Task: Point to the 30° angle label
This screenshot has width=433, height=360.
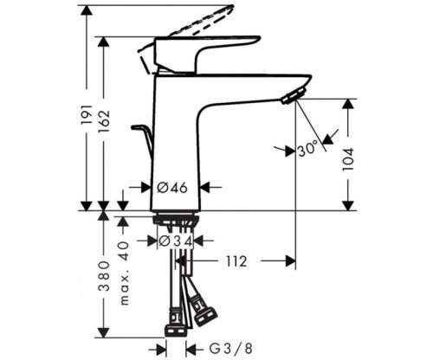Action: pyautogui.click(x=308, y=149)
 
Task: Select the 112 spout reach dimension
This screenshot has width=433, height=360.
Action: pyautogui.click(x=236, y=260)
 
